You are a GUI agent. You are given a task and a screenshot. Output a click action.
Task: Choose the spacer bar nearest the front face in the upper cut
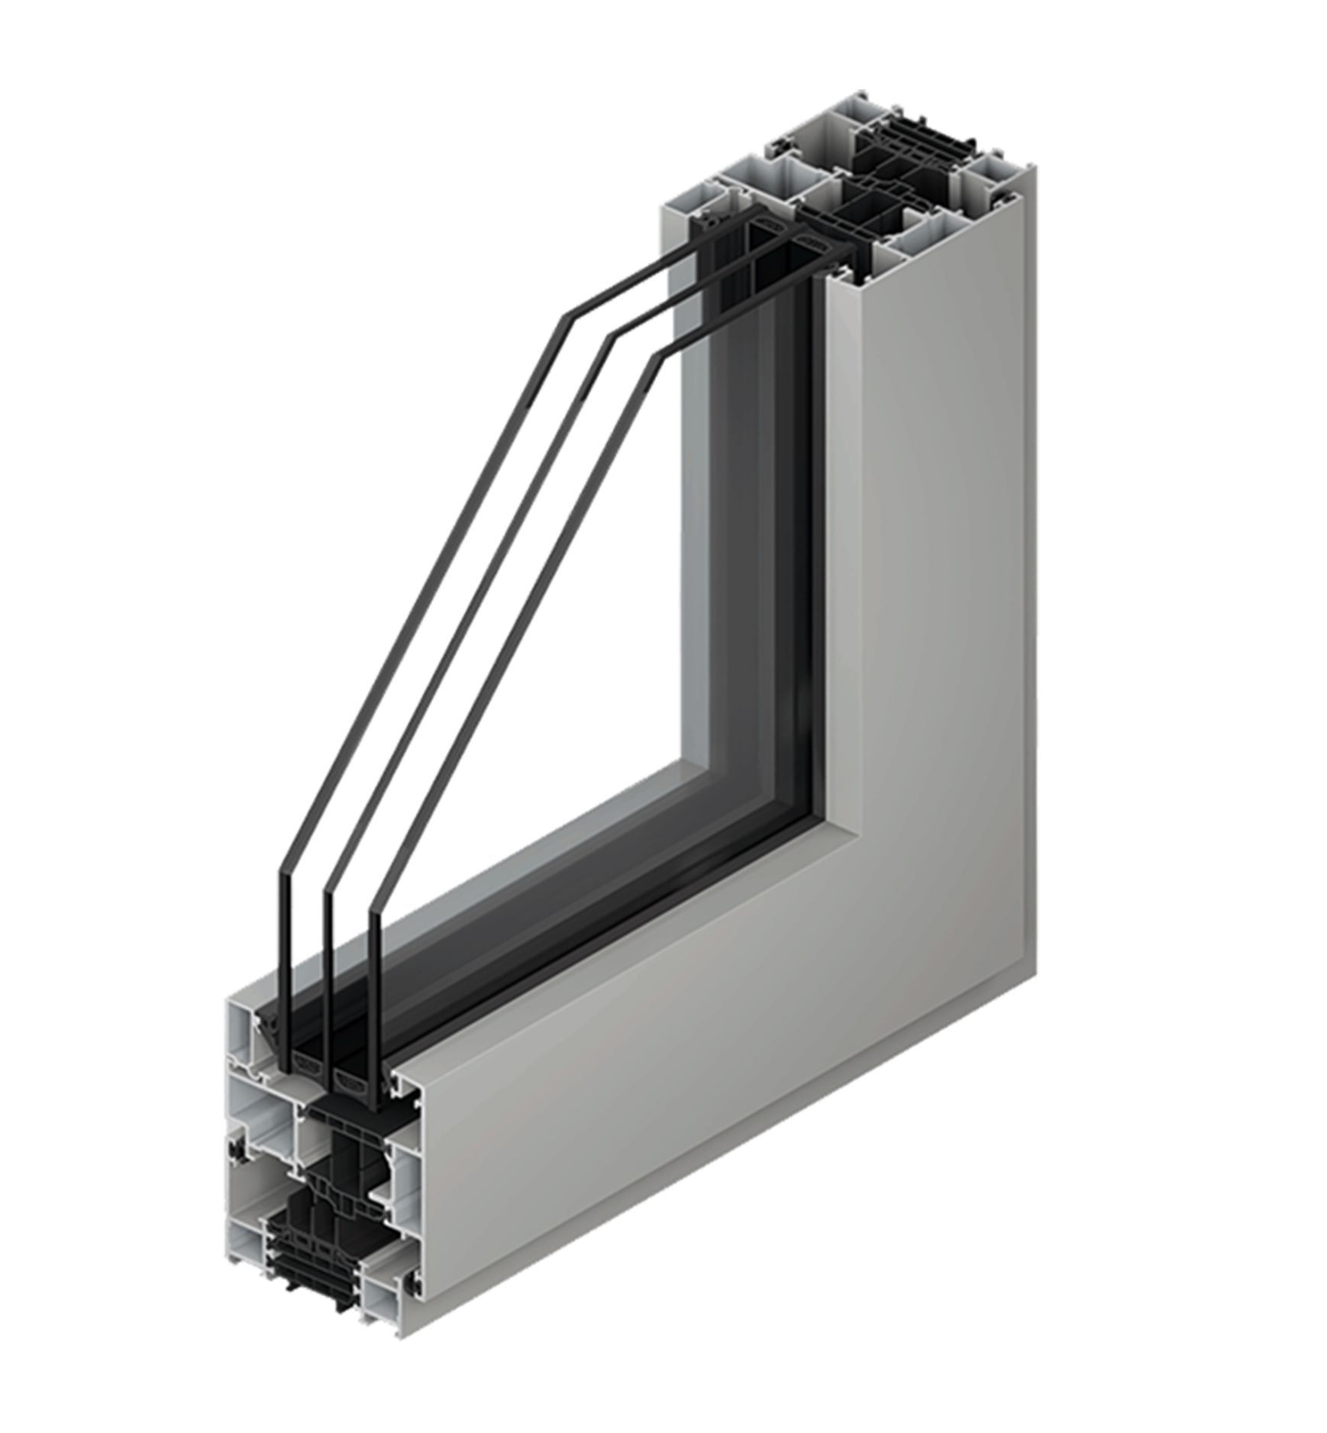[x=805, y=248]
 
